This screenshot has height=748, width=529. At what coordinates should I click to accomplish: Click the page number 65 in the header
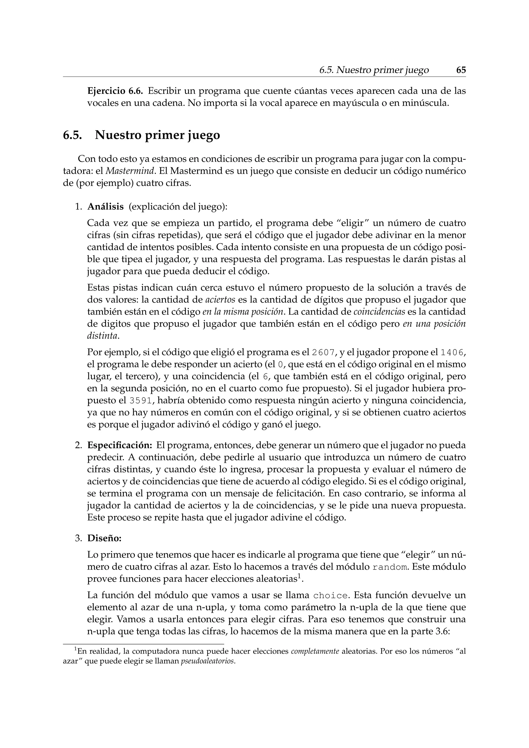461,70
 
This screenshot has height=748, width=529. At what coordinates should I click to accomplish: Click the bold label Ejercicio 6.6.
115,91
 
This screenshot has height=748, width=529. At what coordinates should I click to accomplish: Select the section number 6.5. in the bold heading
72,135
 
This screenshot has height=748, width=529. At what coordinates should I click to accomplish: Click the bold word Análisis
105,207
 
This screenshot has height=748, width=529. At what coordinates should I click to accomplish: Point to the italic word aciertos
221,300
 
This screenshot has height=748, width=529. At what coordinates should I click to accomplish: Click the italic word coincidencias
379,312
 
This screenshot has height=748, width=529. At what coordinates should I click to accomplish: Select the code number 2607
323,353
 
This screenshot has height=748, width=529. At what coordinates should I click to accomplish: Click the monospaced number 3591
141,400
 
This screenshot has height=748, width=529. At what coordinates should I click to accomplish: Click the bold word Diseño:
104,538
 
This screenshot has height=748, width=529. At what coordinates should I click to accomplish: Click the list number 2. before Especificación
78,445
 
